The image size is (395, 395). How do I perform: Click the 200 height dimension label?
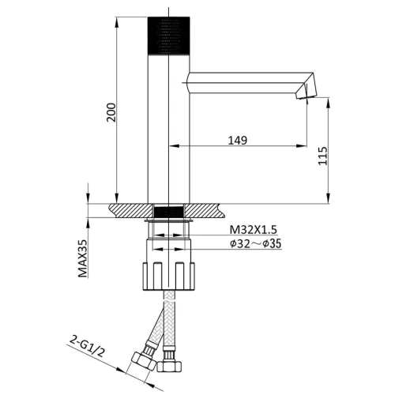point(111,112)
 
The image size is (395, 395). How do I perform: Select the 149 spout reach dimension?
point(238,141)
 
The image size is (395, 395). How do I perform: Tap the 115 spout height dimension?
point(323,156)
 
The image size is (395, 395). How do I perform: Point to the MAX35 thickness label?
point(82,258)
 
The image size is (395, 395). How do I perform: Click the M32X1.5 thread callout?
point(254,230)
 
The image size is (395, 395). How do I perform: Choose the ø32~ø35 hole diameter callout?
point(255,243)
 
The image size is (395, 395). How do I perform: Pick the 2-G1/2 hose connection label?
point(87,346)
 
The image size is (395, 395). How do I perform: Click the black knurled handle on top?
point(169,36)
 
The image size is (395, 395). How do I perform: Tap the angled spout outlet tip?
point(306,92)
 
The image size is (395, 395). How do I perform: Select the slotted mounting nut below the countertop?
point(169,276)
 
